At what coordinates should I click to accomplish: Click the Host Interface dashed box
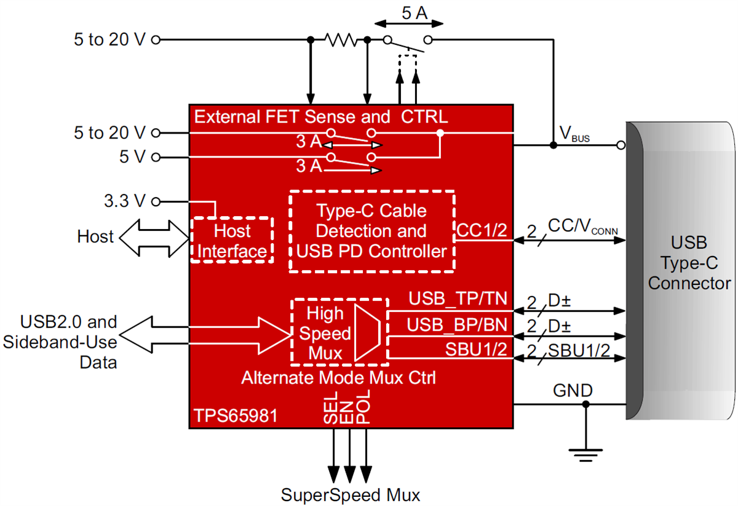[232, 240]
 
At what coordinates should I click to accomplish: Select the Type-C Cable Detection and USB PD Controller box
[371, 231]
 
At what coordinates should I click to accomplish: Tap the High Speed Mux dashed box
[339, 333]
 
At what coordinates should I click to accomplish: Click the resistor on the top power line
[341, 41]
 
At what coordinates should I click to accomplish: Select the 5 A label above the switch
[410, 13]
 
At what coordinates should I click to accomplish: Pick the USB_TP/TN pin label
[458, 300]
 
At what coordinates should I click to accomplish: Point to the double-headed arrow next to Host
[154, 237]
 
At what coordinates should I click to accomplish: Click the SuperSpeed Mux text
[351, 495]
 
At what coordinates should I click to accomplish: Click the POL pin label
[365, 407]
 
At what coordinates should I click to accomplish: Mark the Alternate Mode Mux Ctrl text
[339, 377]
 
